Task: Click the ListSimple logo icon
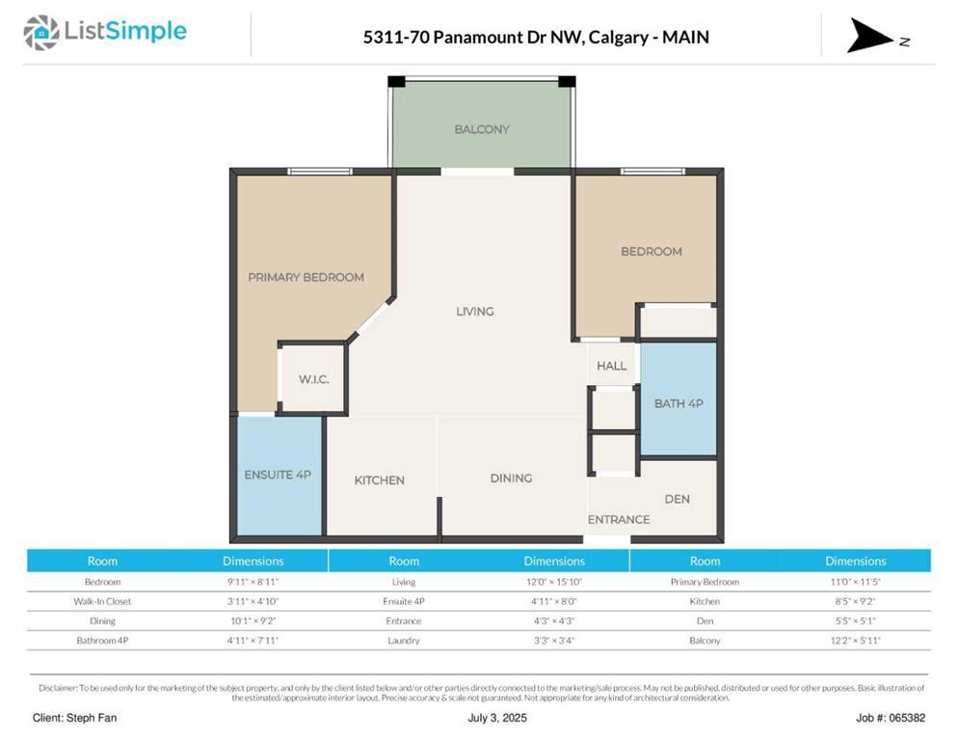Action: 40,33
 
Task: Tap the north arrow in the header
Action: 870,36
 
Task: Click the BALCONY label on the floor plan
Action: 482,129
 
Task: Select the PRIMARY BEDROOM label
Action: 306,277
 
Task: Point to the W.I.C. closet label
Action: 313,379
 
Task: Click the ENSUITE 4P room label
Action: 278,475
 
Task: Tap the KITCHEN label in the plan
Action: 379,480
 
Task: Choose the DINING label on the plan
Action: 511,479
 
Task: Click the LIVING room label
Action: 475,312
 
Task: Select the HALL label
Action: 611,366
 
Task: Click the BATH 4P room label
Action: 679,403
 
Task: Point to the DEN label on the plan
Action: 677,499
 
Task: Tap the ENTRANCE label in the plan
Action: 619,520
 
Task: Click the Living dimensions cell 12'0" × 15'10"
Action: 553,582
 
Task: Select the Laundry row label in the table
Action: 404,640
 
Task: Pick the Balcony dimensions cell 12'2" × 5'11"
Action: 855,640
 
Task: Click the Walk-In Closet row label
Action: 102,601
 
